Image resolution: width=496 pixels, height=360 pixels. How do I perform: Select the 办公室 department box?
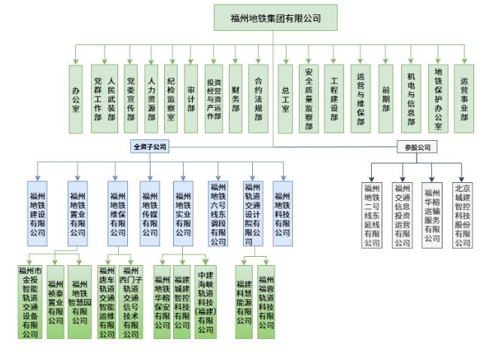point(75,99)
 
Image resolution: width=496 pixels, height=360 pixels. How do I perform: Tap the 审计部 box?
point(191,99)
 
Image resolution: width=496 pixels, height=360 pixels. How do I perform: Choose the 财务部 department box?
point(236,99)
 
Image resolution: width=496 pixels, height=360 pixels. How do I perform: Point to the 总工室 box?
point(285,99)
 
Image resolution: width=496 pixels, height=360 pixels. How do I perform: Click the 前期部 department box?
point(385,99)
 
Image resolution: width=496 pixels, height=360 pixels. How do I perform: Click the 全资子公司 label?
point(149,146)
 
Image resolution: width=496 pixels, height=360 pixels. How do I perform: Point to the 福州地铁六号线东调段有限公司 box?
point(218,213)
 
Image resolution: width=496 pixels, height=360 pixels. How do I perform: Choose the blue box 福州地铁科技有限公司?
point(283,213)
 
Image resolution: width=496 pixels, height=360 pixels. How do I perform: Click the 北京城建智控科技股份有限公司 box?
point(462,214)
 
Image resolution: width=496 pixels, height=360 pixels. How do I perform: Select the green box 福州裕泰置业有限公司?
point(56,300)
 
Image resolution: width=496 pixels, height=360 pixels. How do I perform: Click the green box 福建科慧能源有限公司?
point(244,300)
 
